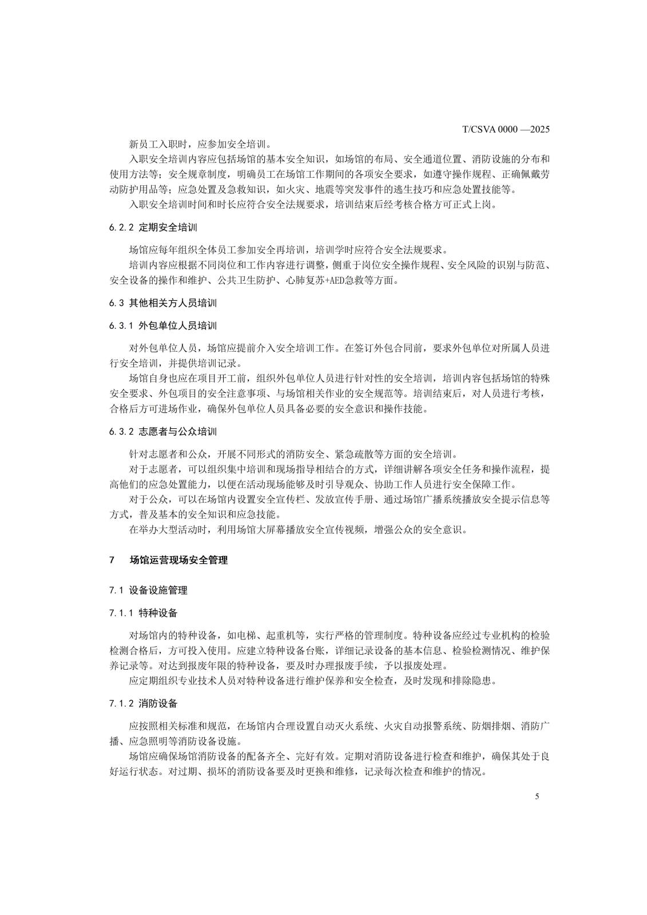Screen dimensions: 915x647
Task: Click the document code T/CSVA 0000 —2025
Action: coord(506,130)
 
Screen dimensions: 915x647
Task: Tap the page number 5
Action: coord(537,796)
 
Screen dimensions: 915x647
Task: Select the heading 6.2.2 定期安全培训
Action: coord(153,227)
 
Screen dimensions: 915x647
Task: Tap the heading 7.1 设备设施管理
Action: coord(148,590)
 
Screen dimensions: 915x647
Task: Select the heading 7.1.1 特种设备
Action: coord(144,613)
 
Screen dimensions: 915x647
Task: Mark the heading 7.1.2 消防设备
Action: coord(144,703)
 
